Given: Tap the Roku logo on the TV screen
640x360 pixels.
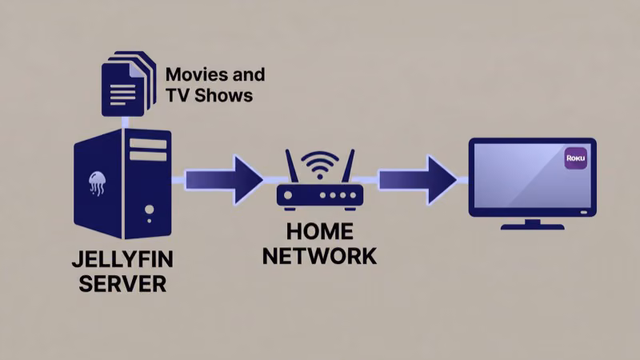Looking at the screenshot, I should (576, 158).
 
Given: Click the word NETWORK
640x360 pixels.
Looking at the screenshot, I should (320, 256).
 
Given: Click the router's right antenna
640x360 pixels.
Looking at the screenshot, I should (350, 170).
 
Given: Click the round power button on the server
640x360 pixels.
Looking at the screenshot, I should (149, 210).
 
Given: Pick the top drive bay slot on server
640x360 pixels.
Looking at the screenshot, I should (148, 145).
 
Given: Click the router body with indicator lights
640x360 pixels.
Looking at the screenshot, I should (320, 195).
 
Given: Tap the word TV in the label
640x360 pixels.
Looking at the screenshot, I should (176, 96).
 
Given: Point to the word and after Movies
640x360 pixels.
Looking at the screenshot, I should (247, 76).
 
